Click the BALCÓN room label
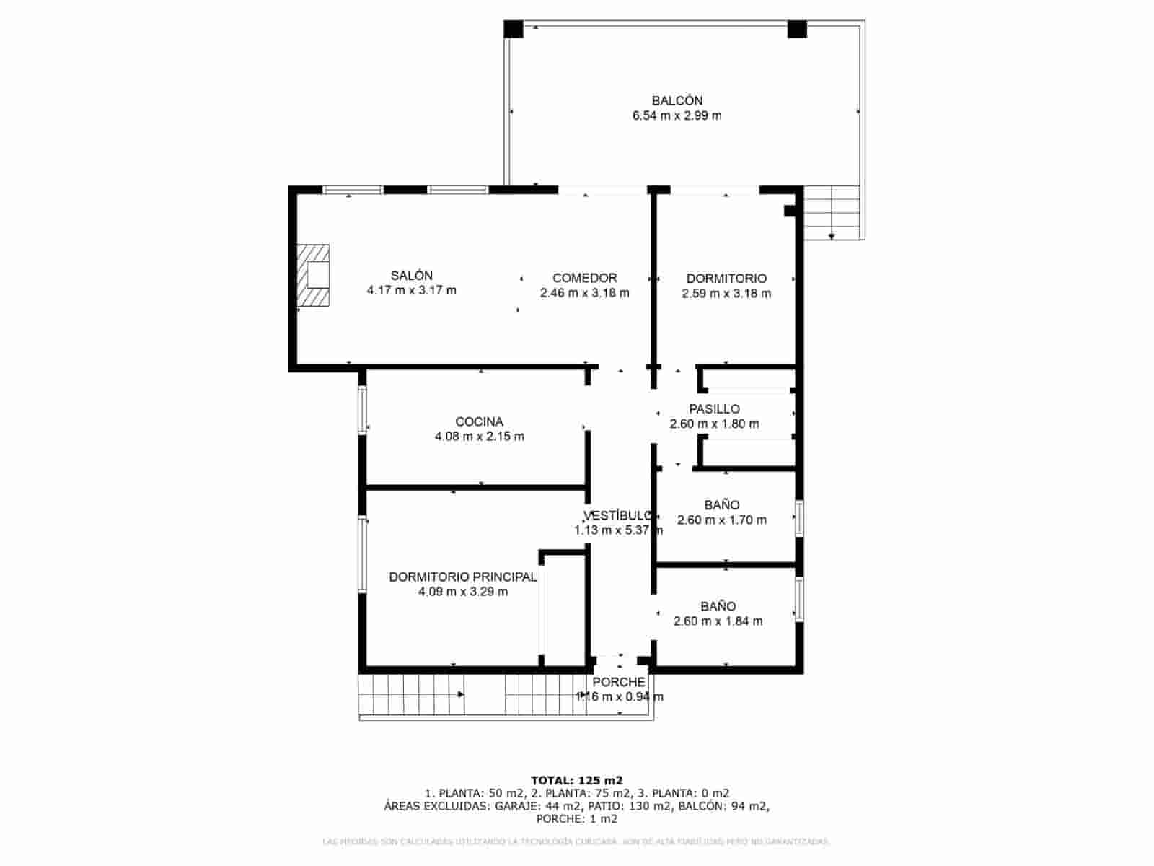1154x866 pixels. [x=677, y=100]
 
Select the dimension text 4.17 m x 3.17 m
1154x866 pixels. [x=411, y=291]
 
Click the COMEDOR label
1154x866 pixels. [x=584, y=278]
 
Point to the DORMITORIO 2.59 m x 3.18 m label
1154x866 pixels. [x=726, y=279]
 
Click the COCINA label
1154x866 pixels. [x=479, y=421]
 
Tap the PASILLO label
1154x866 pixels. [x=714, y=409]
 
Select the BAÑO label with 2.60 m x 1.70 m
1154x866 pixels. [x=721, y=505]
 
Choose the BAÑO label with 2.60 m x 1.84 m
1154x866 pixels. [x=718, y=607]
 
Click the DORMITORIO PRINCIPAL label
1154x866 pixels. [x=462, y=577]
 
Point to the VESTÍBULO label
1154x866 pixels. [x=617, y=516]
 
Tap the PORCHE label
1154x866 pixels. [x=619, y=682]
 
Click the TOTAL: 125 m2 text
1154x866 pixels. [x=576, y=780]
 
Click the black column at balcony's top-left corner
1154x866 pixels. [x=513, y=29]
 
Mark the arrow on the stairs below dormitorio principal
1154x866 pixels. [x=460, y=694]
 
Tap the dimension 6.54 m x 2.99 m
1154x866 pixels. [x=677, y=115]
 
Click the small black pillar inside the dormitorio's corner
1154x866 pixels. [x=789, y=211]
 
